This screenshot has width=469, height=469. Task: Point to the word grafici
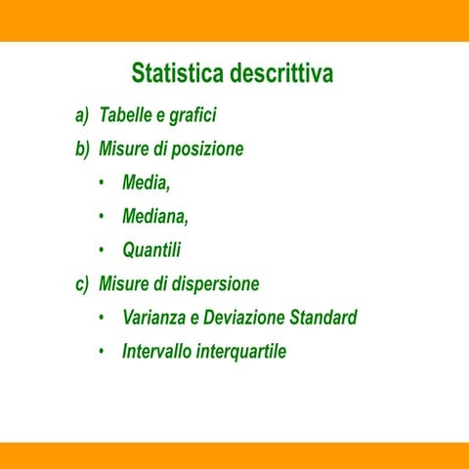pos(192,116)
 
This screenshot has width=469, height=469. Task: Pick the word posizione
pos(207,149)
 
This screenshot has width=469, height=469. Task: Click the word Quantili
pos(151,250)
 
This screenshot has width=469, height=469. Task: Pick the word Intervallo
pos(156,351)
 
